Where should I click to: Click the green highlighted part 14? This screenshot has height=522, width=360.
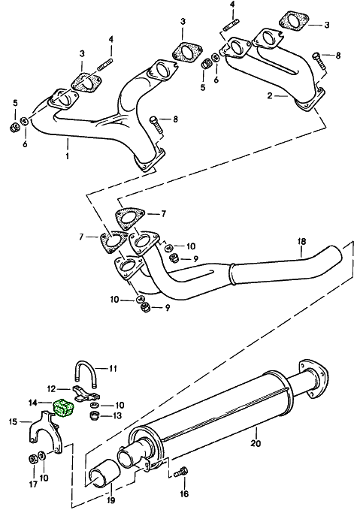[64, 408]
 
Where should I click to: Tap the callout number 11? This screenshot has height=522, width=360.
[113, 368]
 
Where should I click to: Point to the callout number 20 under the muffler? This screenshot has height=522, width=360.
[256, 431]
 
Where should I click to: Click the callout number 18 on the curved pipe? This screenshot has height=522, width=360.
[301, 242]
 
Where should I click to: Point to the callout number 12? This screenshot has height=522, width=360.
[52, 388]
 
